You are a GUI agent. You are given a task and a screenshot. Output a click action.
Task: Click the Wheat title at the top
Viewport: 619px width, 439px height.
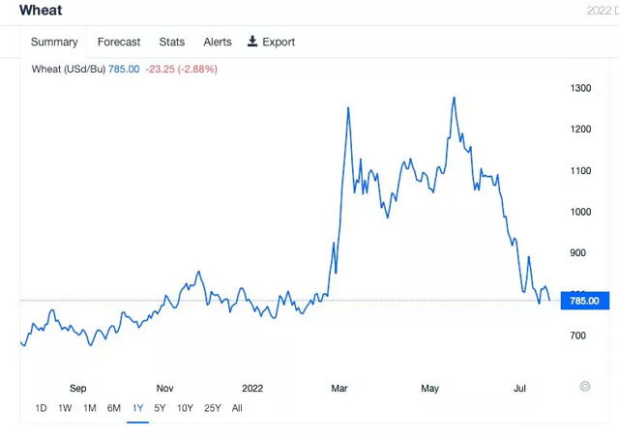[41, 11]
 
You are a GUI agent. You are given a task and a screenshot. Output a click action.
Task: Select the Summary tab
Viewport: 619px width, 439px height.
[54, 42]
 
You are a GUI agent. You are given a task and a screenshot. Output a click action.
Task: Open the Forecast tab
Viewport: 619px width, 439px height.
[119, 42]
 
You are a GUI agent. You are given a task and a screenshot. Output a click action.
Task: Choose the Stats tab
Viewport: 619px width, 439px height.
[172, 42]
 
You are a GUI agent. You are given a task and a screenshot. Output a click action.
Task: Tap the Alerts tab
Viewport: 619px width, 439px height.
[218, 42]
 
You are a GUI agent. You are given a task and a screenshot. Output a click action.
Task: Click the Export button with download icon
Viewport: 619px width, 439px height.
[272, 42]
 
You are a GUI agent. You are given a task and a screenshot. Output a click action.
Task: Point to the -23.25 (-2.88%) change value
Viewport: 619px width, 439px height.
[182, 70]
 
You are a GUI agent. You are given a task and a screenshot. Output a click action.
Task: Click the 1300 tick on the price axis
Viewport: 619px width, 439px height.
[580, 89]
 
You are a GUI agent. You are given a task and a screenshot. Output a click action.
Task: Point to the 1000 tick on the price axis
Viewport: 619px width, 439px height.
[580, 212]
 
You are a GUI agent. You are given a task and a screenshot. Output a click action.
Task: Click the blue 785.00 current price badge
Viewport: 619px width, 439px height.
[584, 301]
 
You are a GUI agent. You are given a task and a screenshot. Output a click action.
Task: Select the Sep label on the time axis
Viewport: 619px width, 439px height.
[78, 389]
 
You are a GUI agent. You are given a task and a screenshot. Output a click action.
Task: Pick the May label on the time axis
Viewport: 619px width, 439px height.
[430, 389]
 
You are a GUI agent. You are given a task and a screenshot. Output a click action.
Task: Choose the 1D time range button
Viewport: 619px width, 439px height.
[41, 408]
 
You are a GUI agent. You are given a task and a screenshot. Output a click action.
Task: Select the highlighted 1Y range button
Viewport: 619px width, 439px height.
[138, 408]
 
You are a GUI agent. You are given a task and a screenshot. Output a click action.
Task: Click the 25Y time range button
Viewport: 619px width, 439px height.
[213, 408]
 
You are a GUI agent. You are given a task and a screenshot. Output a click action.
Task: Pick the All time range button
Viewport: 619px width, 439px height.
[237, 408]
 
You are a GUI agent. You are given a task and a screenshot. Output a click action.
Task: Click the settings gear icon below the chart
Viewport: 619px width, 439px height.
[585, 387]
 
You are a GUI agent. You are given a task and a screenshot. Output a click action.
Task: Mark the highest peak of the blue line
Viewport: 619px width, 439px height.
[454, 98]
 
